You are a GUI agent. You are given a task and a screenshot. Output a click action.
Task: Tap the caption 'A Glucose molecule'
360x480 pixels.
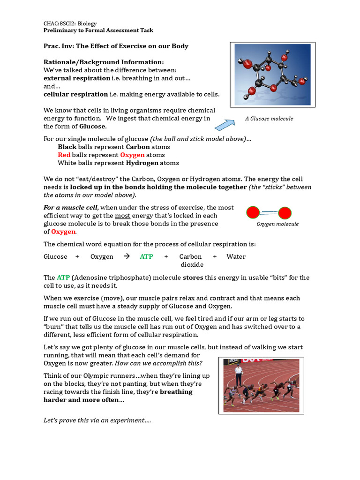click(x=269, y=119)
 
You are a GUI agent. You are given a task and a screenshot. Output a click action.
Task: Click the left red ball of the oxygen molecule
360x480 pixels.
click(x=254, y=213)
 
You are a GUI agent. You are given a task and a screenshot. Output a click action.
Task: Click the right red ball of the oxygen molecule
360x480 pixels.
click(x=285, y=214)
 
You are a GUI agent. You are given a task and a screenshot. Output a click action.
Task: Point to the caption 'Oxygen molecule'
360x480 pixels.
click(x=277, y=224)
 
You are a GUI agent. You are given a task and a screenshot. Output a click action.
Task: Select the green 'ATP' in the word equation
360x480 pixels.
click(x=146, y=256)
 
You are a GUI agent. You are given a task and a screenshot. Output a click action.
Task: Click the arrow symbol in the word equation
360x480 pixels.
click(x=126, y=256)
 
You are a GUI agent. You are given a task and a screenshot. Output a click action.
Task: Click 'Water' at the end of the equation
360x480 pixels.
click(x=236, y=256)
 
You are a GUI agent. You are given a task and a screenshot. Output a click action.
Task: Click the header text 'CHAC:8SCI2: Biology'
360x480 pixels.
click(x=70, y=22)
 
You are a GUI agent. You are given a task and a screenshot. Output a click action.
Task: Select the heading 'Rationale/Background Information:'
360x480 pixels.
click(x=104, y=62)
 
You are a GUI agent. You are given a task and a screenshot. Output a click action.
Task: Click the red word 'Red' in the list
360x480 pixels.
click(x=64, y=155)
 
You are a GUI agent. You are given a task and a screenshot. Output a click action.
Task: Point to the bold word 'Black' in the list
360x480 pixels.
click(x=67, y=147)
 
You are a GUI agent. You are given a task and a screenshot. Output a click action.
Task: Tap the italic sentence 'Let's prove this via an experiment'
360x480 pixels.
click(x=97, y=420)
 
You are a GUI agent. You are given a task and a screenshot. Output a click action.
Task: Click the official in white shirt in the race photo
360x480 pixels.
click(x=239, y=374)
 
